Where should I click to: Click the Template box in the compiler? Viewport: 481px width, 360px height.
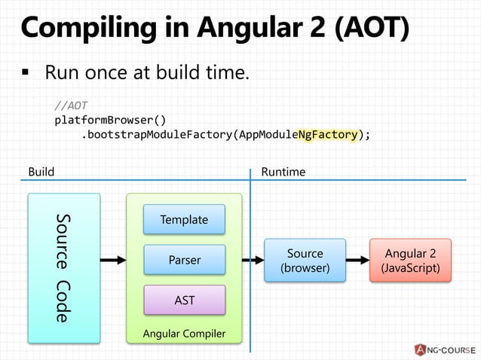[x=184, y=219]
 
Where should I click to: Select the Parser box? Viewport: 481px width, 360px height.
[x=184, y=260]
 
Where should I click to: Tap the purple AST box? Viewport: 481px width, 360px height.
[x=184, y=300]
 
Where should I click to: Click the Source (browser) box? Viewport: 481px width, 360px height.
[x=305, y=261]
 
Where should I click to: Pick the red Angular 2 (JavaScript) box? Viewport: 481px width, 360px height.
[x=410, y=261]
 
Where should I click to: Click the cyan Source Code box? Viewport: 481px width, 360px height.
[x=64, y=267]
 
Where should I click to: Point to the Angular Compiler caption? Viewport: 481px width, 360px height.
[x=184, y=334]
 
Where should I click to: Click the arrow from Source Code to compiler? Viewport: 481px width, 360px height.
[x=112, y=261]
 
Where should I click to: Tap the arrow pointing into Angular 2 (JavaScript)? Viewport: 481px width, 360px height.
[x=357, y=261]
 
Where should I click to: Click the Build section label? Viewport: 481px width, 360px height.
[x=41, y=172]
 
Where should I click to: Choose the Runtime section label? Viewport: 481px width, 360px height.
[x=283, y=172]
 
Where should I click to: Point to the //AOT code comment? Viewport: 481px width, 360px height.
[x=72, y=105]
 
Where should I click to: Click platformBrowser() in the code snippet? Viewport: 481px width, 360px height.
[x=110, y=120]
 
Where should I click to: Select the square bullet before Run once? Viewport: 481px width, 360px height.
[x=25, y=75]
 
